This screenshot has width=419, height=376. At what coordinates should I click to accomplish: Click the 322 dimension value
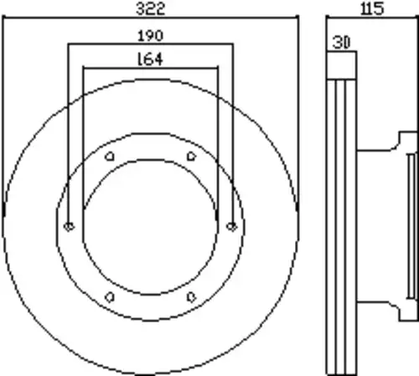(151, 8)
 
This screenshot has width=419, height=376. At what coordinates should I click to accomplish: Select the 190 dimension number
(151, 36)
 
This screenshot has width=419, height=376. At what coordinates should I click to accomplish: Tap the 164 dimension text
(150, 59)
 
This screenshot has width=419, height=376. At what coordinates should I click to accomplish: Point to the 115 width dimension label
(373, 8)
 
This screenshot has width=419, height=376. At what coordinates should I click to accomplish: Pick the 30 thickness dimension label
(341, 43)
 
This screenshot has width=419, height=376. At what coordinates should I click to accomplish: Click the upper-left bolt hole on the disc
(110, 157)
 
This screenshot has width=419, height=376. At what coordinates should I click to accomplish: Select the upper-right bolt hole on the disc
(191, 157)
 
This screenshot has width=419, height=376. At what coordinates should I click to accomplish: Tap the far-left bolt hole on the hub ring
(69, 226)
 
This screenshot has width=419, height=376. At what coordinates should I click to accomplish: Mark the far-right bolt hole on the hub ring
(231, 226)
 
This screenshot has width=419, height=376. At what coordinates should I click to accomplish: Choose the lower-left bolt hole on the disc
(110, 297)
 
